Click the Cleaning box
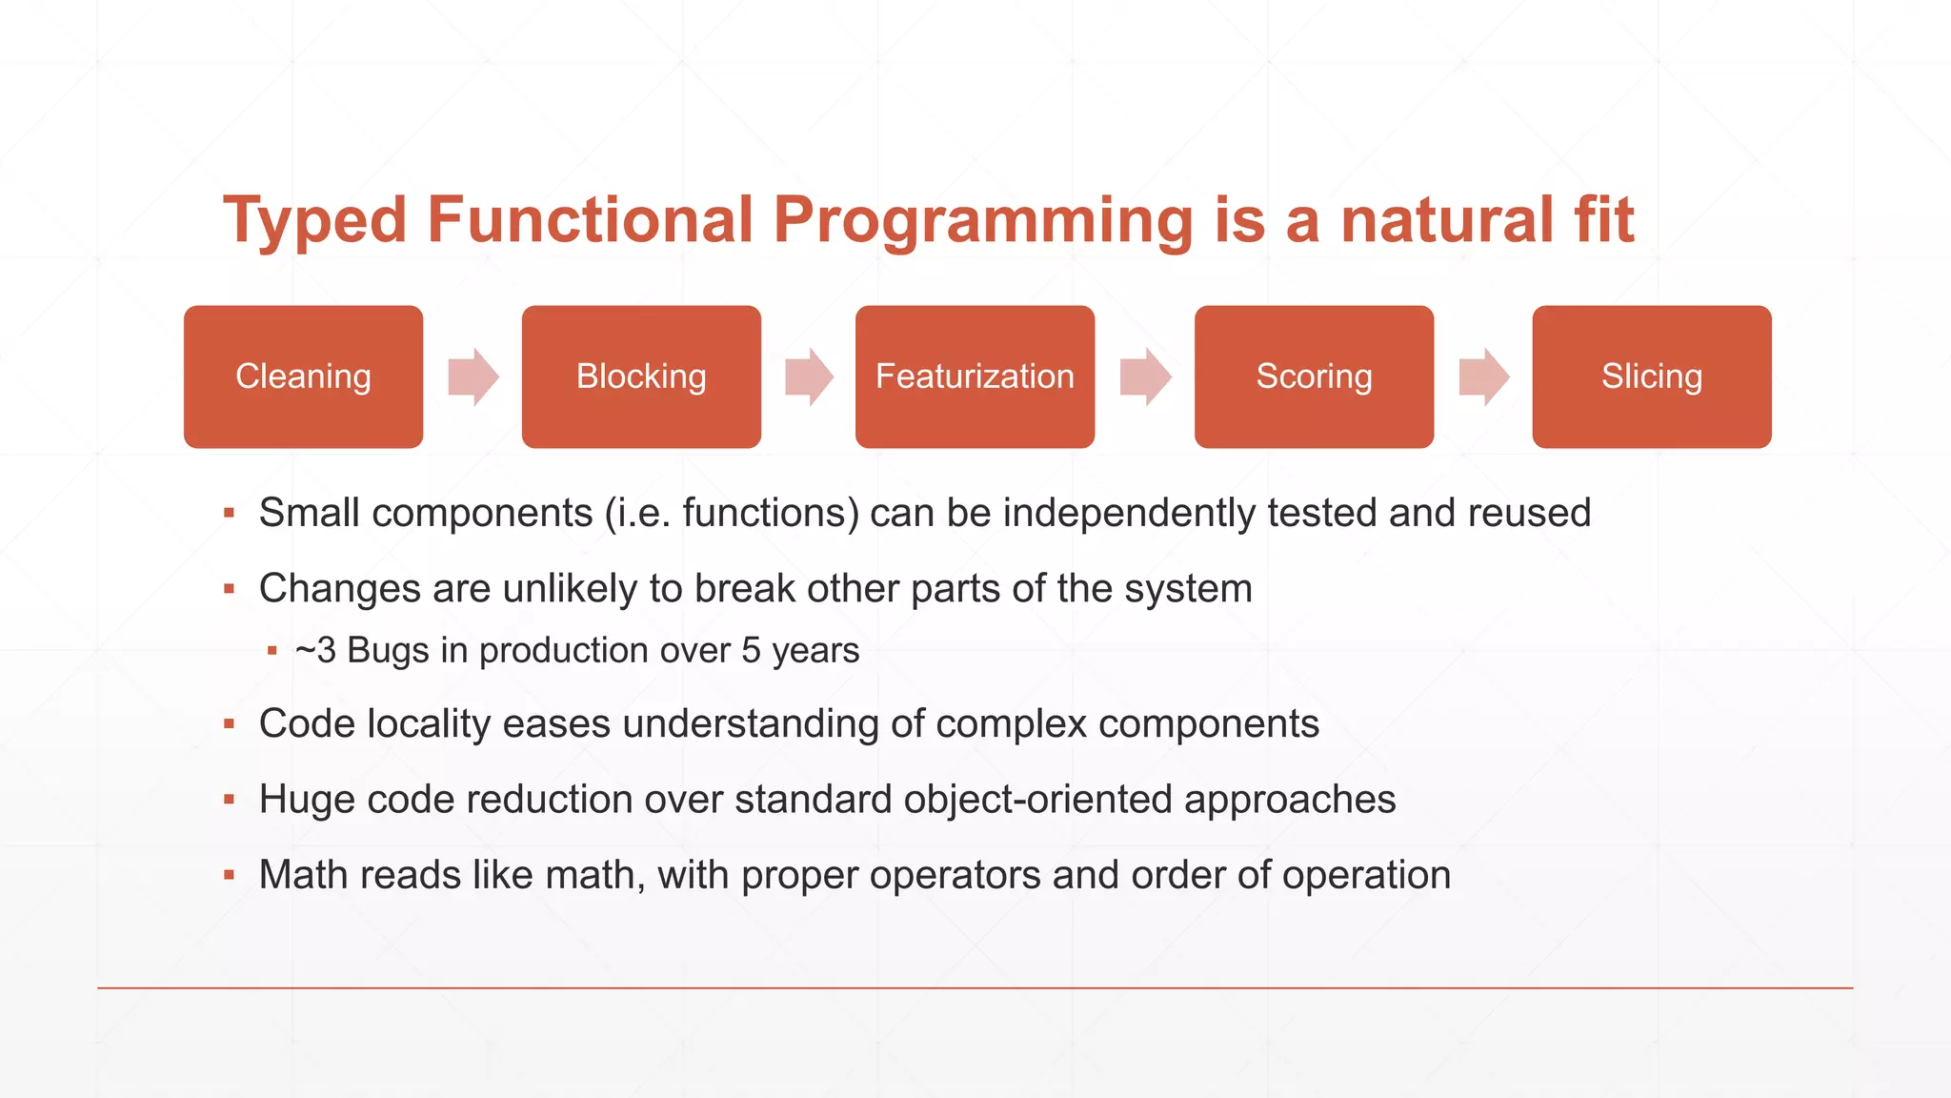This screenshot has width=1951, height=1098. [x=303, y=376]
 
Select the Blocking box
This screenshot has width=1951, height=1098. [x=641, y=376]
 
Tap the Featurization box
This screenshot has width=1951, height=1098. [x=975, y=376]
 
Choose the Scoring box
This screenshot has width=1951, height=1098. [x=1314, y=376]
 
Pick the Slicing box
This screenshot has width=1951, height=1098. [x=1651, y=376]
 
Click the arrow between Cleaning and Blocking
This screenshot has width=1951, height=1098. [x=473, y=376]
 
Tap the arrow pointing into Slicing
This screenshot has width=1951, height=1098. [x=1484, y=376]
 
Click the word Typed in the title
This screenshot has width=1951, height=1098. [x=315, y=221]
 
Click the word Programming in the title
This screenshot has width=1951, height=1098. [x=982, y=221]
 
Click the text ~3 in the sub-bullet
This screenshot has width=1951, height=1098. [x=315, y=651]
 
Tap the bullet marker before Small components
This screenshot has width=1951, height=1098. [x=229, y=514]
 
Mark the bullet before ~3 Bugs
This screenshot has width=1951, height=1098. [x=272, y=651]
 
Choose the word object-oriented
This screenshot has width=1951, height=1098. [x=1037, y=800]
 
